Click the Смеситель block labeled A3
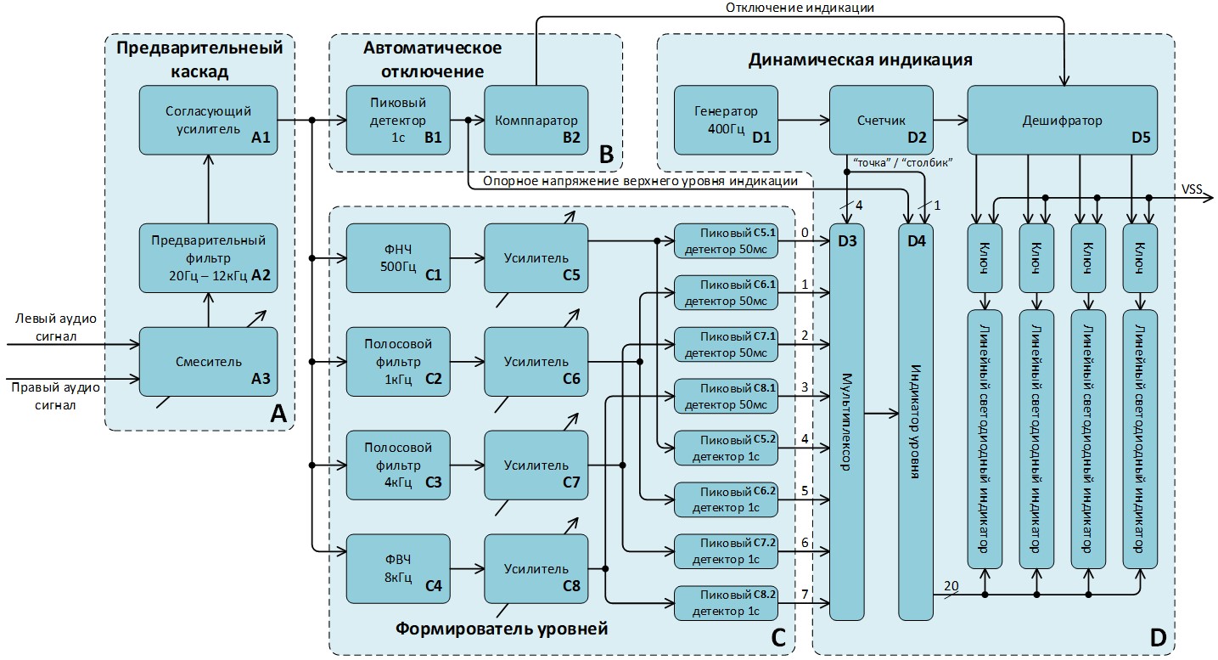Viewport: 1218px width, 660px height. point(208,361)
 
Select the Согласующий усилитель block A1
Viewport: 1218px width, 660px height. point(208,120)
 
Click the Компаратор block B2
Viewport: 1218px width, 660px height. point(536,120)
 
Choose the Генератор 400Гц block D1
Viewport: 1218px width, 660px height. point(726,120)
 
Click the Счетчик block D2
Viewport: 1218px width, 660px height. point(881,120)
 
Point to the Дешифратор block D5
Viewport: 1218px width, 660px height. point(1062,120)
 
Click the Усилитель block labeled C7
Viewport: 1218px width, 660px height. point(536,465)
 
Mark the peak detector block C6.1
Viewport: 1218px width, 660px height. point(727,292)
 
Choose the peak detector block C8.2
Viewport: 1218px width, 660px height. point(727,603)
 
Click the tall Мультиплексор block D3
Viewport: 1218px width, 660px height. point(846,420)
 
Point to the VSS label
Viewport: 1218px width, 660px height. point(1192,189)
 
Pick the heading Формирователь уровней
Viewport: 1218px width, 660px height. point(502,629)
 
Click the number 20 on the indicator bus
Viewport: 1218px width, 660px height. point(951,585)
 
